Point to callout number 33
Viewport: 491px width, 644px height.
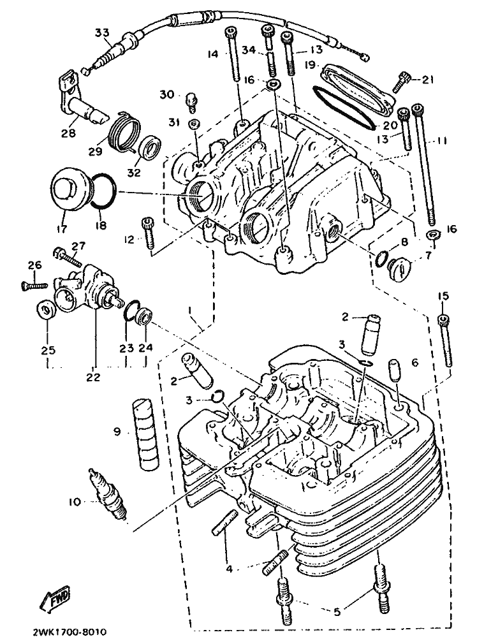(103, 32)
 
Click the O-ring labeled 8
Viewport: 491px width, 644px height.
(381, 258)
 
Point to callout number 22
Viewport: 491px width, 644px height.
(93, 377)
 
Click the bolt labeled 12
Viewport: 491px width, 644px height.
(149, 233)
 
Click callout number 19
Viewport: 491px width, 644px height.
(310, 65)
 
